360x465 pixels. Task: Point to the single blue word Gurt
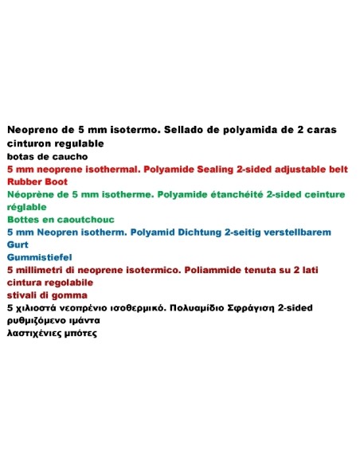click(x=18, y=245)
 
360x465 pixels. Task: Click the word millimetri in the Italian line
click(x=48, y=271)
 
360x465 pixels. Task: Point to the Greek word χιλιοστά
click(x=37, y=307)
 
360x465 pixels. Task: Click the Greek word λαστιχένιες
click(x=37, y=334)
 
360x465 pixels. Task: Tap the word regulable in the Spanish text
click(x=76, y=143)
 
